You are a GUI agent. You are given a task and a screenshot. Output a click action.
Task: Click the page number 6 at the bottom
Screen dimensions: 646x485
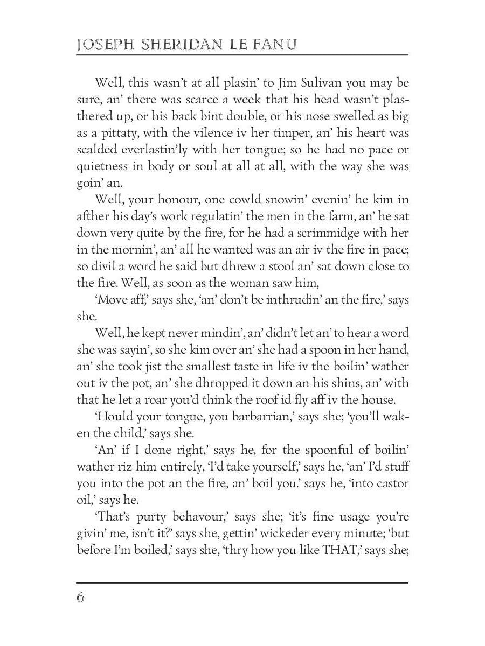coord(81,598)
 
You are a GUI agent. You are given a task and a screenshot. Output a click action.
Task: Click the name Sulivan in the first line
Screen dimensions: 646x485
coord(304,83)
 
